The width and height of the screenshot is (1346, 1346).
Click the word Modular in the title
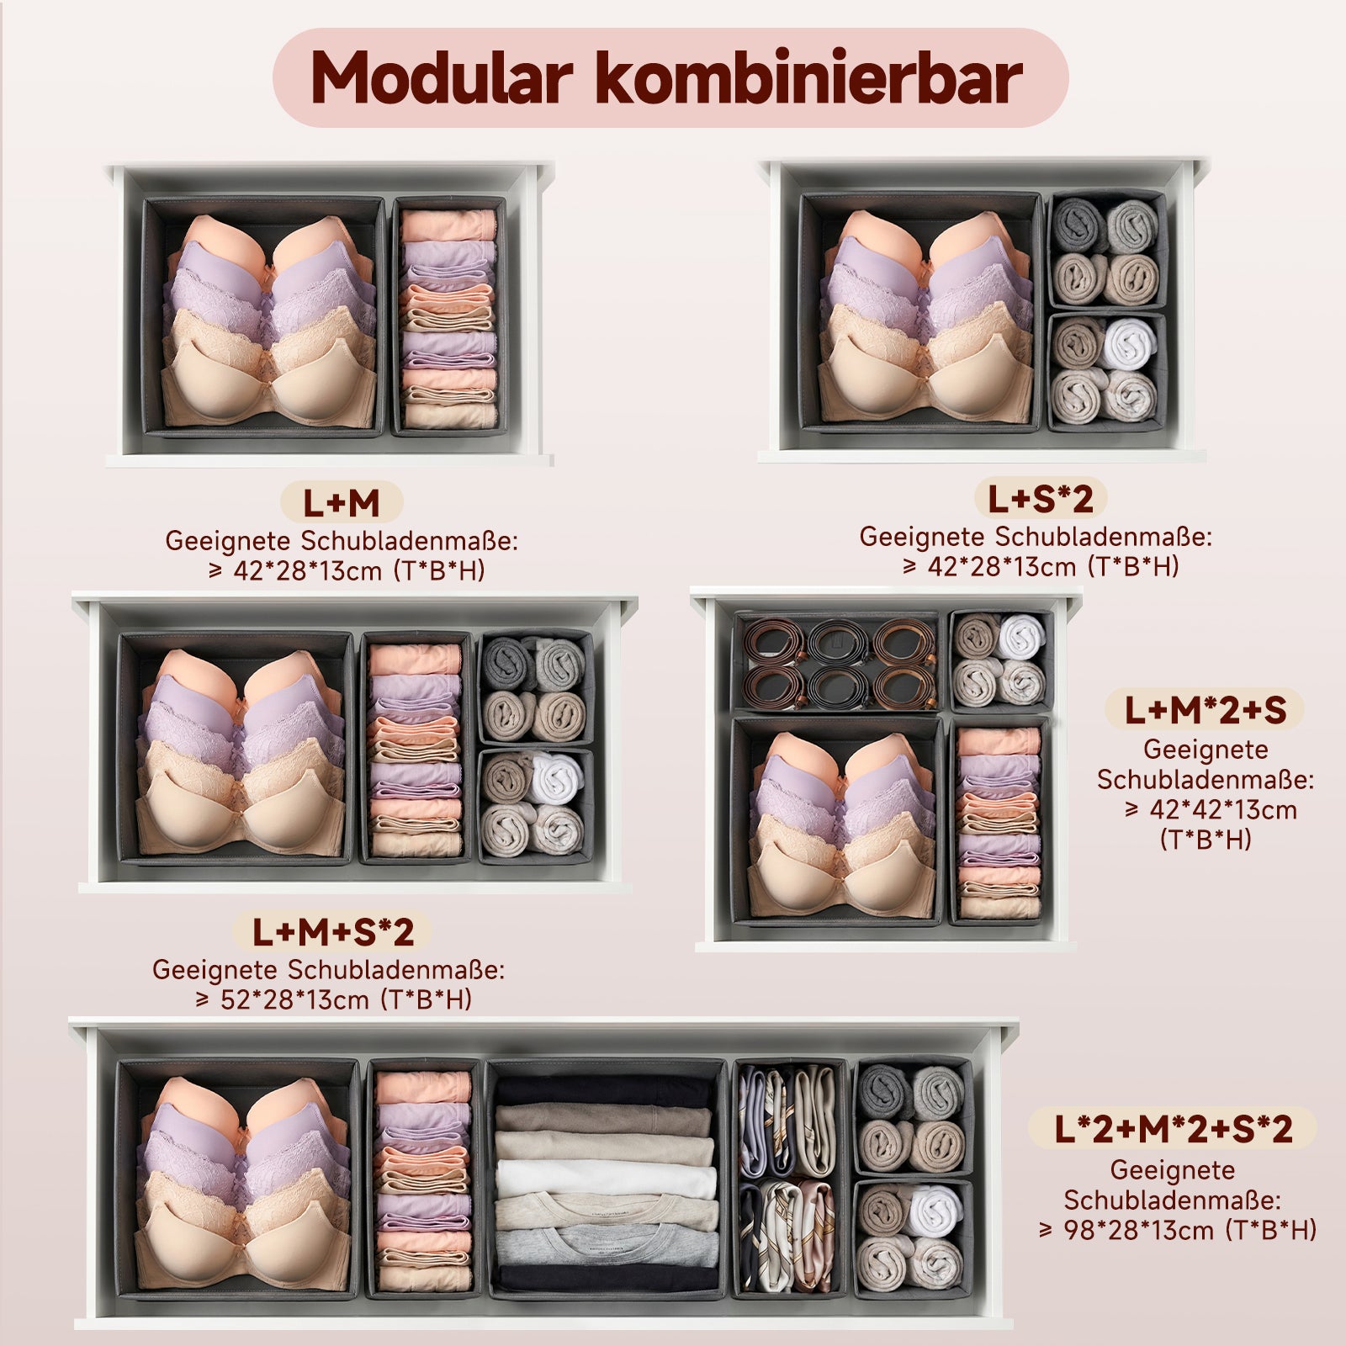click(442, 78)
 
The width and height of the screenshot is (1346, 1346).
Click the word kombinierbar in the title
click(808, 78)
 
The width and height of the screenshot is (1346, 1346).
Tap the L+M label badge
click(342, 503)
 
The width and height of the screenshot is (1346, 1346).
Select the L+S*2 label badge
click(1041, 499)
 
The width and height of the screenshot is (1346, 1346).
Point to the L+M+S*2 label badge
click(333, 931)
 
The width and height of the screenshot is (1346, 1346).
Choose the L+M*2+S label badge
click(1205, 710)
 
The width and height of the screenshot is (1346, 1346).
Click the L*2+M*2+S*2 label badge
click(1173, 1128)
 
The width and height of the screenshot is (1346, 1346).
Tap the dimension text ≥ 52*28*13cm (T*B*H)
click(333, 1000)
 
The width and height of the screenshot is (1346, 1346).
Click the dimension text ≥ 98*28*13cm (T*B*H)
click(1178, 1230)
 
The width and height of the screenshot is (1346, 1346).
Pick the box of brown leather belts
click(837, 662)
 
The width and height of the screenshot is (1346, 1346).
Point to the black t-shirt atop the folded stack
click(604, 1091)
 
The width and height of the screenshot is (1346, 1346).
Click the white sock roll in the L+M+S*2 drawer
click(555, 778)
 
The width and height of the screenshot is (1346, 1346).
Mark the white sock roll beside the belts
click(1021, 637)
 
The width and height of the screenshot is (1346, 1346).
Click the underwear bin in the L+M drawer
click(448, 317)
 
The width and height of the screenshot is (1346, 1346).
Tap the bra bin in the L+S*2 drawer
click(921, 311)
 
